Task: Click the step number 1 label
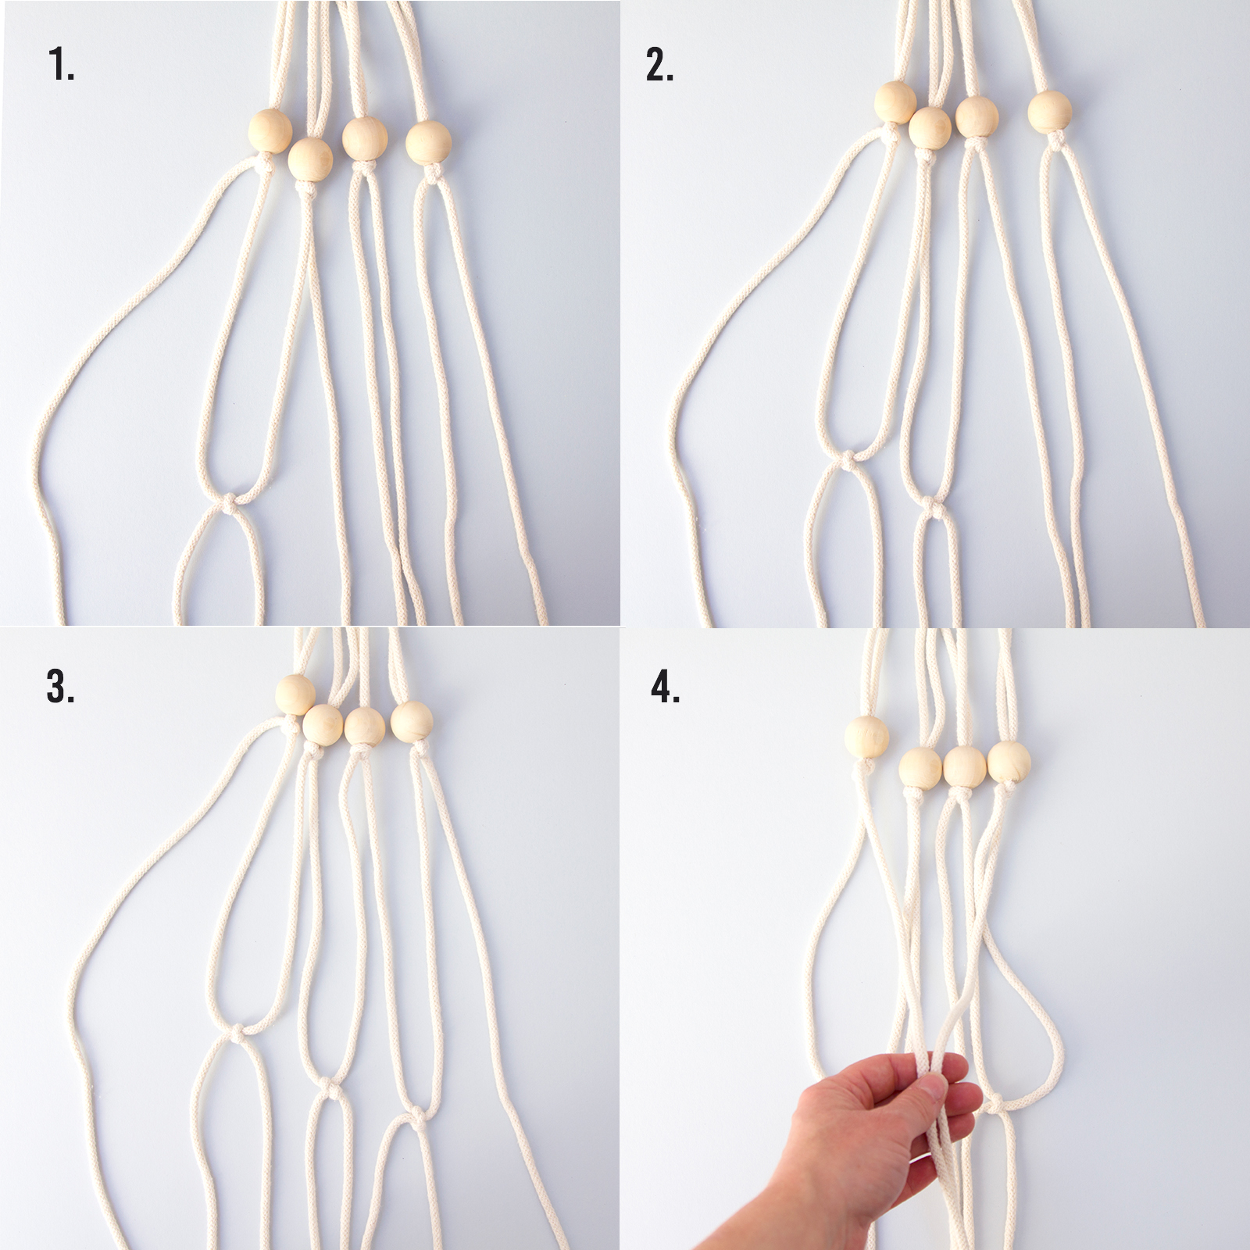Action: click(62, 64)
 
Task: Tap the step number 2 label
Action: click(660, 64)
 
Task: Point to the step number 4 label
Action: click(666, 687)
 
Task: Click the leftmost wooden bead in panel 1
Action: click(270, 130)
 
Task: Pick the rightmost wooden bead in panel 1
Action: click(428, 141)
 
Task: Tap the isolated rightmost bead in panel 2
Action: click(1049, 112)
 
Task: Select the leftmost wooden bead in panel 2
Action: click(895, 102)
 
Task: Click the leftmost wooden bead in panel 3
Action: click(296, 694)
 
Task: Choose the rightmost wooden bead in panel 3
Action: click(412, 721)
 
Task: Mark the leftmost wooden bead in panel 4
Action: click(867, 737)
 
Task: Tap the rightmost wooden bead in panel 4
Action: click(1009, 763)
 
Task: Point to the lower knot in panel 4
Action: click(995, 1105)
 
